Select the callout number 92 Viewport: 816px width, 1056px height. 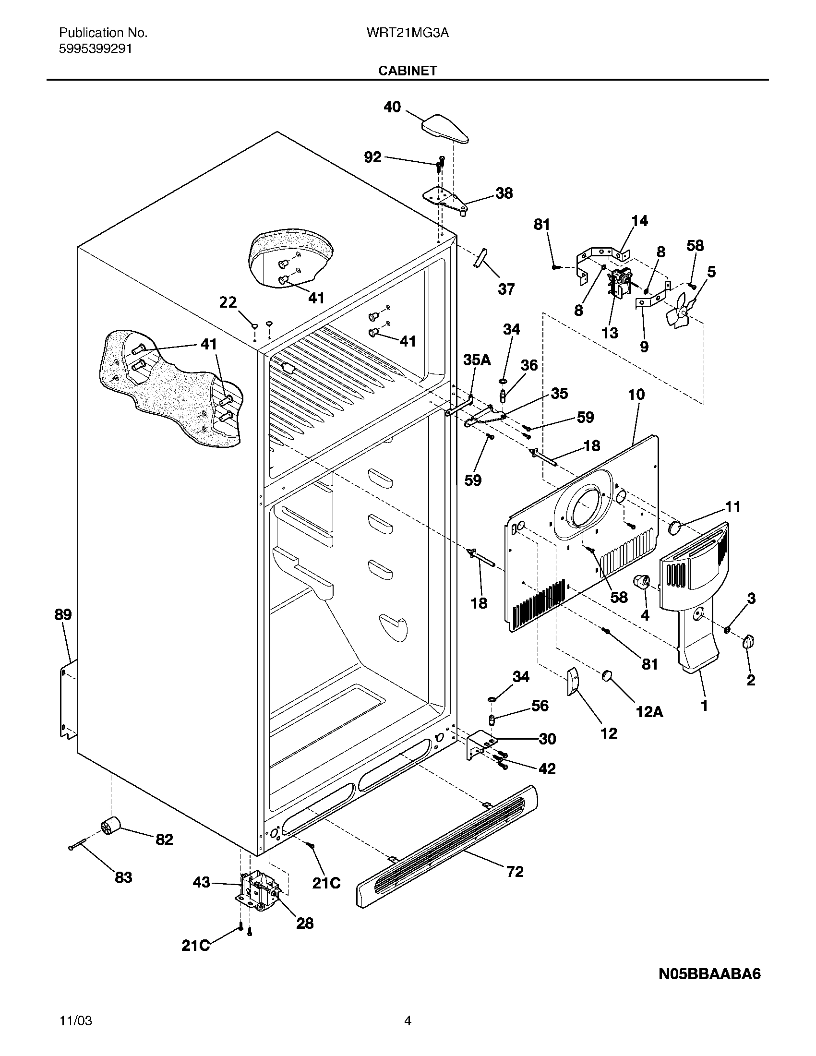(x=372, y=157)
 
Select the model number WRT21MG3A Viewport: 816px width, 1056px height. (x=408, y=33)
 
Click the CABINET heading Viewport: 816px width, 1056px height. (x=408, y=71)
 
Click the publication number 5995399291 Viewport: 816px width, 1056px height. (x=95, y=49)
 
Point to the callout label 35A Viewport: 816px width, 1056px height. (x=477, y=360)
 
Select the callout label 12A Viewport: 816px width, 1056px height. (x=648, y=712)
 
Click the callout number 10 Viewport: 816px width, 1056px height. (x=636, y=395)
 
